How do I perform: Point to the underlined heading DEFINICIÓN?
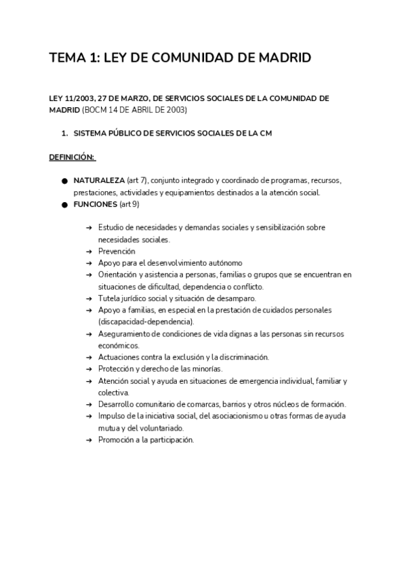tap(72, 157)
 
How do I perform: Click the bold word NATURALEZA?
tap(99, 182)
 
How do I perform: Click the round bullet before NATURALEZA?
tap(64, 182)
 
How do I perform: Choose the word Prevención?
tap(117, 251)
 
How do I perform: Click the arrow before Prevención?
tap(89, 251)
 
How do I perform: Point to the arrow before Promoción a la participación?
tap(89, 440)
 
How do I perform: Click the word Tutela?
tap(108, 298)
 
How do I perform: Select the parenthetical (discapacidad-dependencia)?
tap(145, 321)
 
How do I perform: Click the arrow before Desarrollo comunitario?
tap(89, 404)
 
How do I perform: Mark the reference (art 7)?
tap(137, 182)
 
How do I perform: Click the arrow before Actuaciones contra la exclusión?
tap(89, 357)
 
